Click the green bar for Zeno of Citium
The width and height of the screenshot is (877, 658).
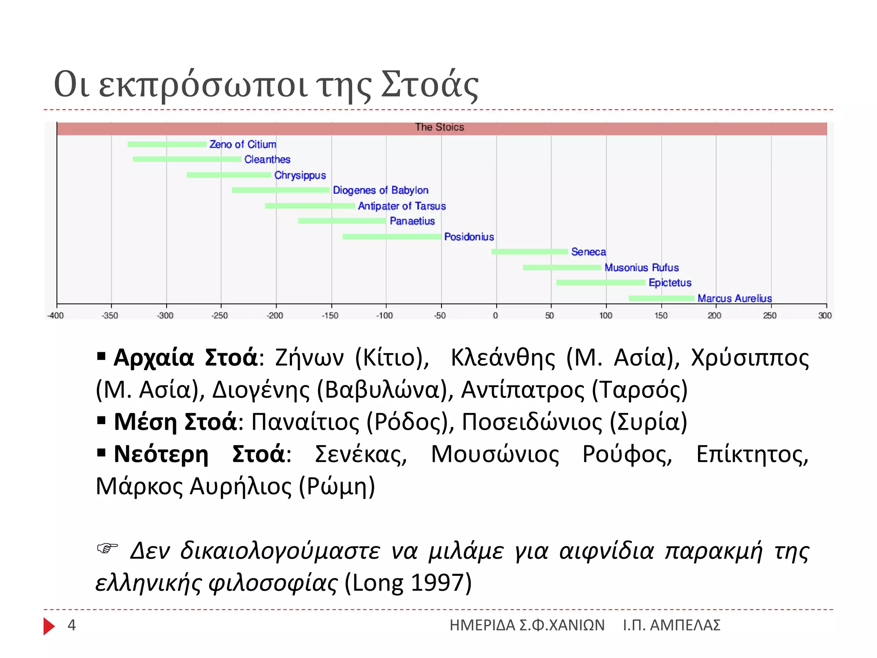(x=167, y=144)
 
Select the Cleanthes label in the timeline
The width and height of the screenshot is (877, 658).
(x=267, y=159)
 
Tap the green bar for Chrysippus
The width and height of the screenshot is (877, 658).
(x=229, y=175)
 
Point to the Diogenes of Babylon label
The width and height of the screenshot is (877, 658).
(x=380, y=190)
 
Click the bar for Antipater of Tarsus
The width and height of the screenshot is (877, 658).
(x=310, y=206)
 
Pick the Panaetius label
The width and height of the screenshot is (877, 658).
(x=412, y=221)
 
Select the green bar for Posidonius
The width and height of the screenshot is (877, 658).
(x=391, y=236)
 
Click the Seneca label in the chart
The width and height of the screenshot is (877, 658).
(x=588, y=252)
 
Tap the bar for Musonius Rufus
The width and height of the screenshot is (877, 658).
(x=562, y=267)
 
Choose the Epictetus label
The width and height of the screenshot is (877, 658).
(x=670, y=283)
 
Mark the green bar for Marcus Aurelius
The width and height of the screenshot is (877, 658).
(x=661, y=298)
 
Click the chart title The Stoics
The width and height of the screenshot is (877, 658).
(x=439, y=127)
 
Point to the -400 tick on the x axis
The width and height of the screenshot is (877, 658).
(x=56, y=316)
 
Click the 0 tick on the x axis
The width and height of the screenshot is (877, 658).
(x=495, y=316)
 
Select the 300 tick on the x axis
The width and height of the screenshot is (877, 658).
(x=825, y=316)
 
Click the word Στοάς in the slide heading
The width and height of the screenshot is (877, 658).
(x=430, y=85)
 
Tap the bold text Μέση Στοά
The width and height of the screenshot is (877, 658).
(x=175, y=422)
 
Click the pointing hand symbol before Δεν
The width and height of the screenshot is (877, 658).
(x=107, y=548)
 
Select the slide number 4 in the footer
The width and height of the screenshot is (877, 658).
(x=72, y=625)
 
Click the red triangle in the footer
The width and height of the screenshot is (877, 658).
(x=48, y=626)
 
